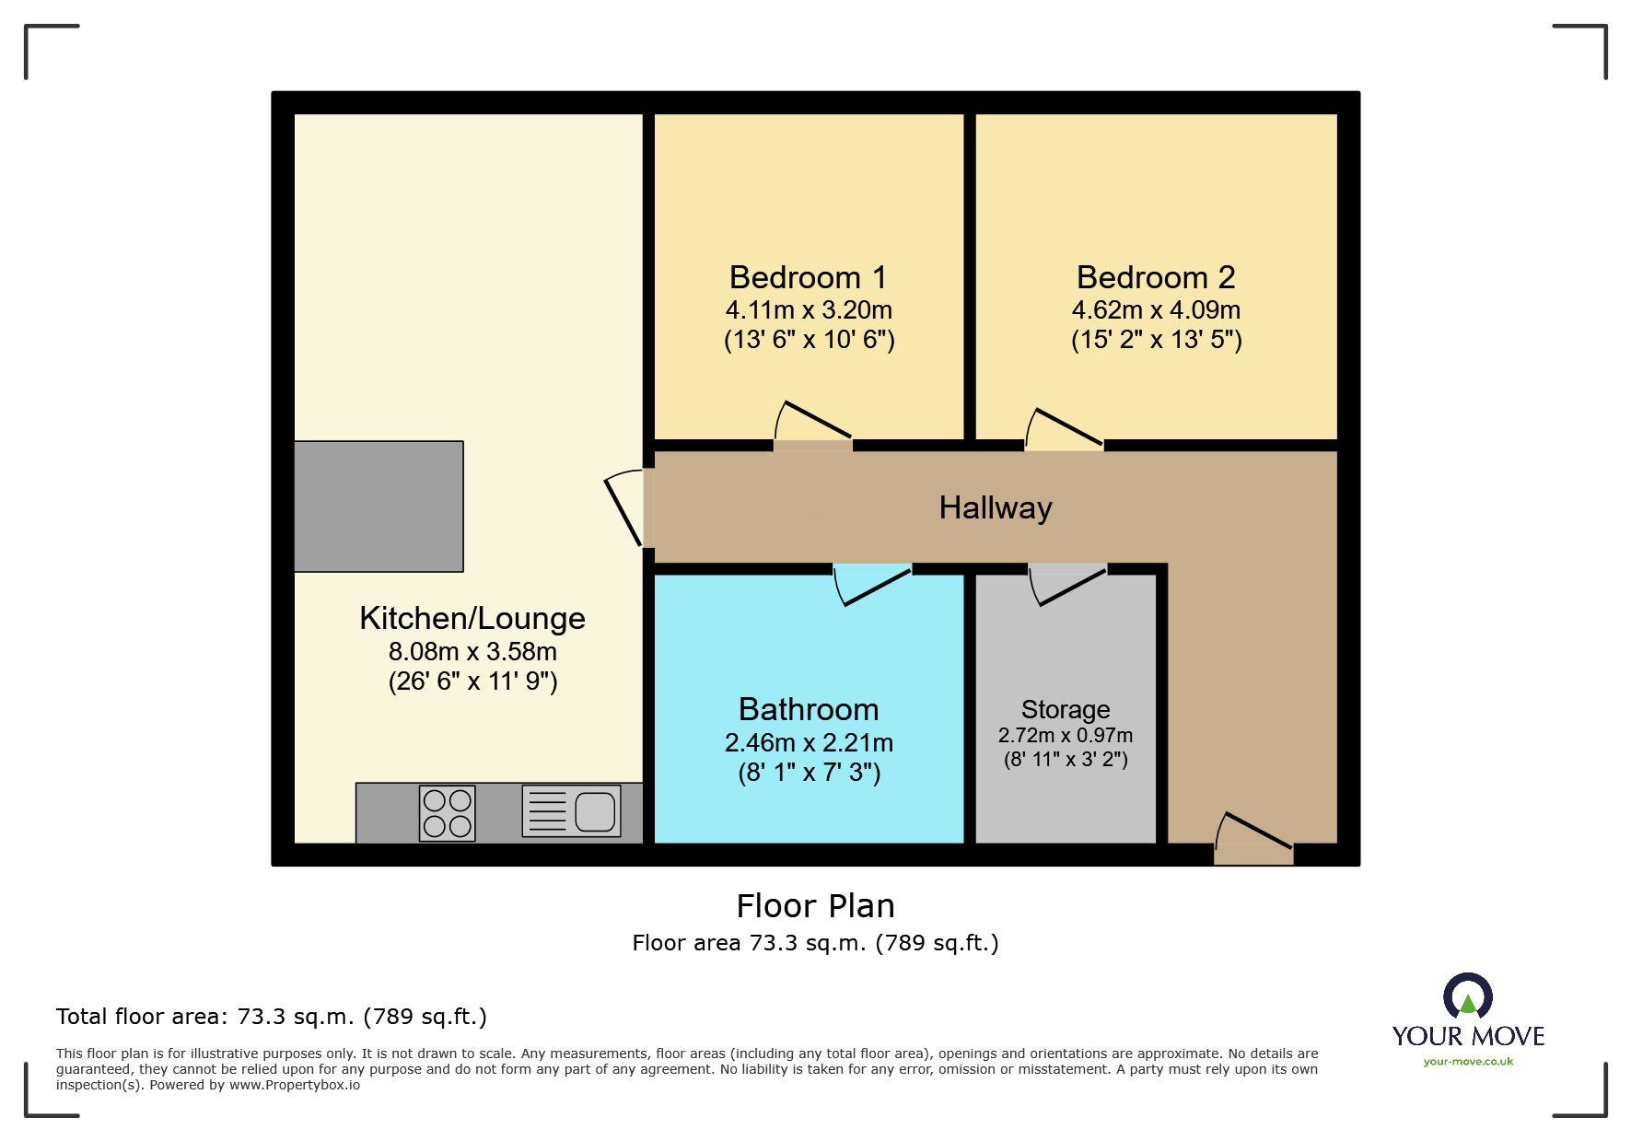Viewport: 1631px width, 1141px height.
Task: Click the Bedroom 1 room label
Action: pos(808,277)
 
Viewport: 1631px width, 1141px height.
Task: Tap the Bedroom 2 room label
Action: pos(1155,277)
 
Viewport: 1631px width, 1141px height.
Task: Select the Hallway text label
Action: pos(995,507)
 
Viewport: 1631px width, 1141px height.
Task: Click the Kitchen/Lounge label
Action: pos(472,618)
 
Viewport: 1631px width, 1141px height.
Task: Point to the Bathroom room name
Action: pos(808,709)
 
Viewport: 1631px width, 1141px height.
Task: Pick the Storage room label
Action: pos(1065,709)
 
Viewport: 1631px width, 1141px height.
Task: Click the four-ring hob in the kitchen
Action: pos(448,813)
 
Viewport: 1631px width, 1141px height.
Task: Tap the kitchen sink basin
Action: pos(595,811)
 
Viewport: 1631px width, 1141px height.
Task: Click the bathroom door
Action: pos(871,586)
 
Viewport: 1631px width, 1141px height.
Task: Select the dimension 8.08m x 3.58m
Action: pos(472,651)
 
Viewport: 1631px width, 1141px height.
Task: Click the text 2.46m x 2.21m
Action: pos(808,742)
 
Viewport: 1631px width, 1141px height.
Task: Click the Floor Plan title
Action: pos(815,906)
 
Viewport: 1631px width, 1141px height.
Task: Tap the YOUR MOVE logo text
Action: pos(1467,1036)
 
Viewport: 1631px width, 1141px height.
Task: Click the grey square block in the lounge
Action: pos(379,506)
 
